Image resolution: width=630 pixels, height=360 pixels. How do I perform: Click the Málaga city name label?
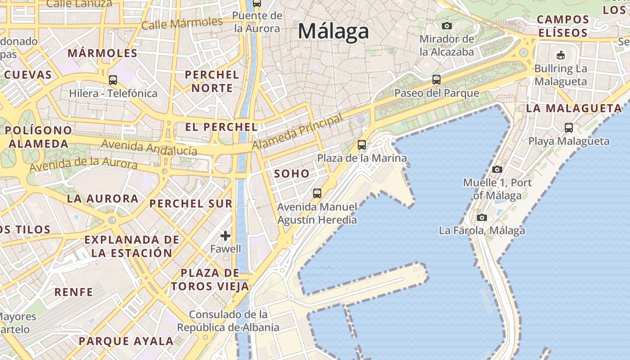click(x=333, y=31)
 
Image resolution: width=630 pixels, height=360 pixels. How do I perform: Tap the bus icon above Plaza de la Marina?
click(x=362, y=145)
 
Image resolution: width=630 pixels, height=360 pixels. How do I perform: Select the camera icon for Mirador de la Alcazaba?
click(x=446, y=26)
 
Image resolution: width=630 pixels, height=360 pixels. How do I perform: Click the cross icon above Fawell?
click(x=225, y=235)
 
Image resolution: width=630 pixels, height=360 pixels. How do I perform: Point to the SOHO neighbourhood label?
click(x=292, y=173)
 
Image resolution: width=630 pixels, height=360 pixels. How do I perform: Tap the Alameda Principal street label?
click(x=297, y=131)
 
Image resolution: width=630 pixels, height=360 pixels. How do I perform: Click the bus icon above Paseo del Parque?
click(x=436, y=80)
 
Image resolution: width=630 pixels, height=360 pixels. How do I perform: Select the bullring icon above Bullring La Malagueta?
click(x=560, y=55)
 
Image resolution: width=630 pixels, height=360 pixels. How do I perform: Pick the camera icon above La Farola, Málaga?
click(x=482, y=218)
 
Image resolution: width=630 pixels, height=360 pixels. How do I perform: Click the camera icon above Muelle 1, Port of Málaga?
click(x=497, y=169)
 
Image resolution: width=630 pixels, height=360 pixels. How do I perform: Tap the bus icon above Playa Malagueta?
click(x=569, y=127)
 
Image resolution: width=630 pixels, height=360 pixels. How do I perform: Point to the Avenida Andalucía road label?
click(x=149, y=147)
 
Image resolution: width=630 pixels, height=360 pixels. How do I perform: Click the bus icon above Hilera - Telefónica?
click(x=113, y=80)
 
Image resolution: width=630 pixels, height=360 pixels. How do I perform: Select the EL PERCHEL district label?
click(x=221, y=127)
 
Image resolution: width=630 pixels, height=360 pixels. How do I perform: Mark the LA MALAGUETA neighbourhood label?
click(x=574, y=108)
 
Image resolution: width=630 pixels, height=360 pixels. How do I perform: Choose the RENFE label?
click(x=74, y=292)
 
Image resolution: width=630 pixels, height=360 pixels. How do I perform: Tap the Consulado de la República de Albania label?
click(x=228, y=321)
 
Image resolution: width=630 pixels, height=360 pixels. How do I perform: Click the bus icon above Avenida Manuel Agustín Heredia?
click(x=317, y=193)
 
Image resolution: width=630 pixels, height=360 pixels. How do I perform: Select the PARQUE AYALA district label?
click(x=126, y=341)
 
